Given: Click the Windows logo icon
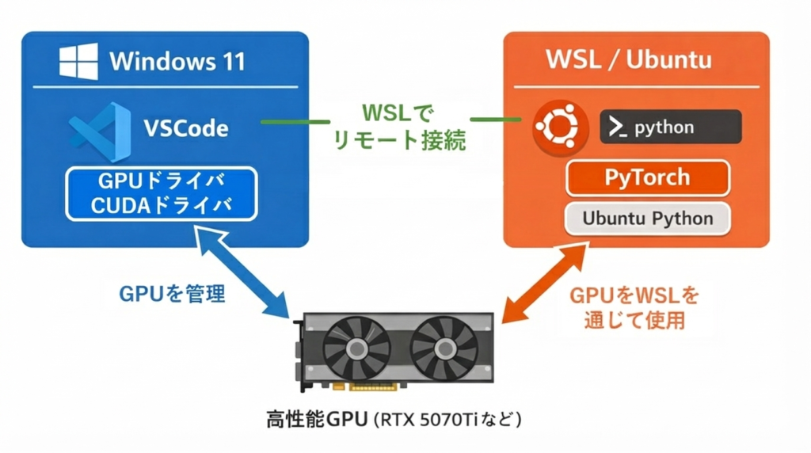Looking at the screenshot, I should tap(78, 61).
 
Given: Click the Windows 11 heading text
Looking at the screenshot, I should tap(177, 61).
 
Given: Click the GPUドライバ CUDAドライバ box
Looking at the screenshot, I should tap(161, 193).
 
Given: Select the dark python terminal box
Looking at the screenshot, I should tap(670, 127).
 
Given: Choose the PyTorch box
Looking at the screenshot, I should tap(647, 177).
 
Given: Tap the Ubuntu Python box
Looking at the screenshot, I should tap(647, 219).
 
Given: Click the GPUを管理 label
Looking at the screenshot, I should tap(172, 295).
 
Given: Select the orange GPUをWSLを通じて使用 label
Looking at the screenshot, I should tap(635, 308).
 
